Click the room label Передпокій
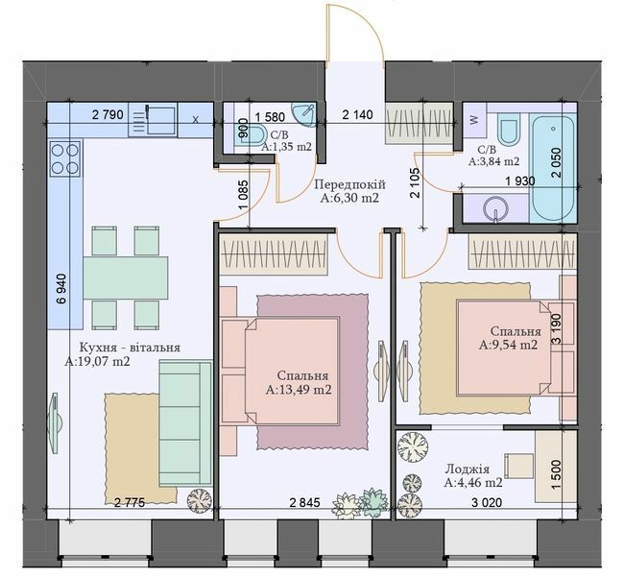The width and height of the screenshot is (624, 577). pos(350,184)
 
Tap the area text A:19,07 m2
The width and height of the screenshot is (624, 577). pos(97,363)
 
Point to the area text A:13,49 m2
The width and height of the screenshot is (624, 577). pos(299,390)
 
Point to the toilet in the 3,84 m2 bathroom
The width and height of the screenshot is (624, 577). pos(510,130)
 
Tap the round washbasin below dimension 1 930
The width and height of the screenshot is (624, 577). pos(499,206)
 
